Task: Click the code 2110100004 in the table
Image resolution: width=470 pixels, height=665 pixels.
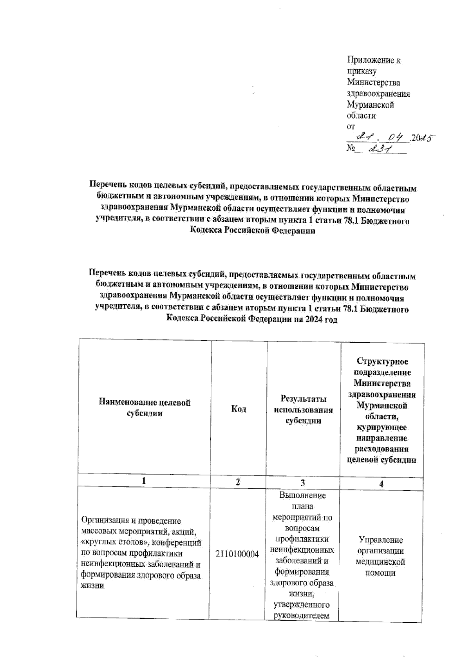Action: (237, 554)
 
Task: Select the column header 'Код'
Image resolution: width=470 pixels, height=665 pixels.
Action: (239, 409)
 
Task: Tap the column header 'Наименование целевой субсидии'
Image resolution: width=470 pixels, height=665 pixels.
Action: (145, 408)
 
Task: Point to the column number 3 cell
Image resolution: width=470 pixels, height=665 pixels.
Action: (303, 483)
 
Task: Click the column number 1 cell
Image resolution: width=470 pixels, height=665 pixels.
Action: (144, 481)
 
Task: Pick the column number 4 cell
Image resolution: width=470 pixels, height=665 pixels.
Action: (381, 484)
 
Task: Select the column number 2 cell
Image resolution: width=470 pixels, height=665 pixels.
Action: (238, 482)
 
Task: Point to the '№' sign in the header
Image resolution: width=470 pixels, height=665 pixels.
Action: (351, 148)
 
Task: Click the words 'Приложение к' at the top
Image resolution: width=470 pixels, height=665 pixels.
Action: (374, 60)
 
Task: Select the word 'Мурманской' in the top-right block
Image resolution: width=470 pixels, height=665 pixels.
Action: (371, 105)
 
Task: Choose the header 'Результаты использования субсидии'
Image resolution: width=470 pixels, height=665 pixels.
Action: (304, 410)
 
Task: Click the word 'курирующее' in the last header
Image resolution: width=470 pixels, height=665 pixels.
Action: (381, 427)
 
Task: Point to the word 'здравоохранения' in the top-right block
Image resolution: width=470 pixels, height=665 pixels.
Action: (378, 94)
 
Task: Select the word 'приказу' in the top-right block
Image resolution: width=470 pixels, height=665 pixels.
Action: (362, 71)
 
